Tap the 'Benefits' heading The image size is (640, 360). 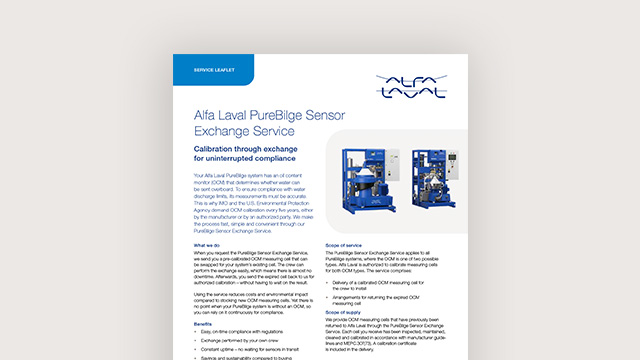[x=202, y=324]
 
